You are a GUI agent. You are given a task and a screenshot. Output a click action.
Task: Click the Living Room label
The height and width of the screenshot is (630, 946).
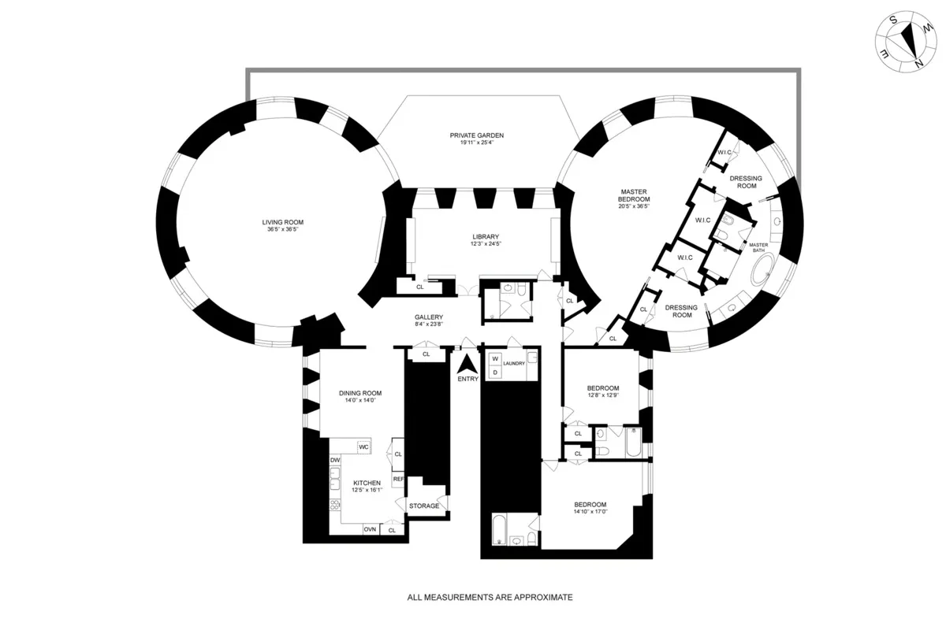pos(283,222)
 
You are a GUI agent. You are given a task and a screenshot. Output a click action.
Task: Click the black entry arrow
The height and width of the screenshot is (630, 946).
pos(467,364)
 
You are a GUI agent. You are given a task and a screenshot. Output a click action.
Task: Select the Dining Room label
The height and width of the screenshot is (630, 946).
pos(360,393)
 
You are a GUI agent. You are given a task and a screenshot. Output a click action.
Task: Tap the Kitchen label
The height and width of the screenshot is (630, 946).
pos(367,483)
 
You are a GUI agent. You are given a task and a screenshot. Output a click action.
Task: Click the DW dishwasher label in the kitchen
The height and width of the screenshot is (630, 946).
pos(335,460)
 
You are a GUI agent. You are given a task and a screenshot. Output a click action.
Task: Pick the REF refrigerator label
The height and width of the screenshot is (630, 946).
pos(398,478)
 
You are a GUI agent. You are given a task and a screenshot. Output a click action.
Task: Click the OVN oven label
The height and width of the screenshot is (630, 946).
pos(369,529)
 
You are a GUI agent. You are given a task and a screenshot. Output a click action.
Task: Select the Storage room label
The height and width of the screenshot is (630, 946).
pos(424,506)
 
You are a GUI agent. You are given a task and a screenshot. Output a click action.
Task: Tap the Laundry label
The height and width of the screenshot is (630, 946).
pos(514,363)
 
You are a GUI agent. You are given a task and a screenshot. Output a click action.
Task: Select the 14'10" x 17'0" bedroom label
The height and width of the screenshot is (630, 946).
pos(590,509)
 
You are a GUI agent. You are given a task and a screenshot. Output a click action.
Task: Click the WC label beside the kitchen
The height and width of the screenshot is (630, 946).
pos(363,447)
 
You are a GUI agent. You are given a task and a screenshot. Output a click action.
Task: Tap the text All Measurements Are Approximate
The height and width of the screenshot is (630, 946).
pos(489,597)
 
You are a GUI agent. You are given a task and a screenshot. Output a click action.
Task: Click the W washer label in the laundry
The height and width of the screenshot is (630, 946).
pos(495,359)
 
